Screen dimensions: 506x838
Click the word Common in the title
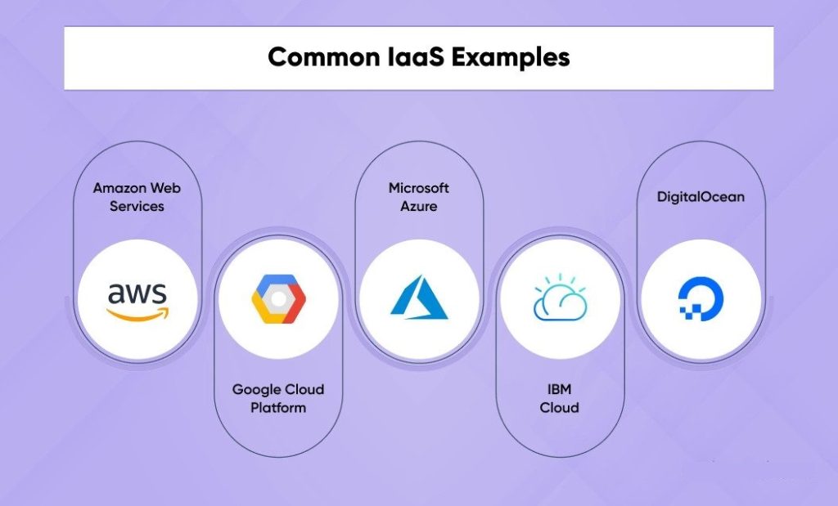point(314,58)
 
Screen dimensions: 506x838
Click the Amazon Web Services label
point(137,197)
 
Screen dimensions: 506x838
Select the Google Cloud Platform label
point(278,398)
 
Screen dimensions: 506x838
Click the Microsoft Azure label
point(419,197)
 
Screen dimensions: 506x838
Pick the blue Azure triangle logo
point(419,296)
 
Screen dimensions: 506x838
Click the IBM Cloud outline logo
point(560,297)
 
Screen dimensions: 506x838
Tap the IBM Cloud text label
point(560,398)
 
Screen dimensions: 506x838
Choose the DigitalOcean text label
point(701,197)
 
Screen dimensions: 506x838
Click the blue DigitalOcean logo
point(700,299)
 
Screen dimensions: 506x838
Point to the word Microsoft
point(419,188)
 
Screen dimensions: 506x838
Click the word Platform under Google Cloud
point(278,407)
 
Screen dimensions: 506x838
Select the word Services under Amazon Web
point(137,207)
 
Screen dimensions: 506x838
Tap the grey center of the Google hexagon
point(278,299)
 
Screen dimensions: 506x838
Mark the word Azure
point(419,207)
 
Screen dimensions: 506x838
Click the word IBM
point(560,389)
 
